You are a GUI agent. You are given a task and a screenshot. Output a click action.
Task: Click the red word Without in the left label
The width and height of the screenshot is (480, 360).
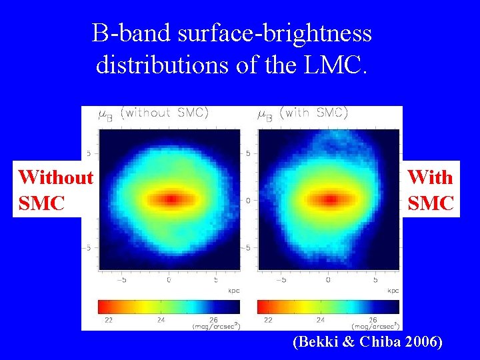(56, 177)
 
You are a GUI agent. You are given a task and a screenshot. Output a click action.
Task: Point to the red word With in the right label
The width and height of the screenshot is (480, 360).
(430, 177)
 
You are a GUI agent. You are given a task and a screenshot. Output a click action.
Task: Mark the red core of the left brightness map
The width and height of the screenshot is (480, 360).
(171, 199)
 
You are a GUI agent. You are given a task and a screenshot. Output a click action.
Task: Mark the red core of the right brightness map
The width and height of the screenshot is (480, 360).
(329, 199)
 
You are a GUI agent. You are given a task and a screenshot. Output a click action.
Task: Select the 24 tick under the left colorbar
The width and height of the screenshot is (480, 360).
(162, 320)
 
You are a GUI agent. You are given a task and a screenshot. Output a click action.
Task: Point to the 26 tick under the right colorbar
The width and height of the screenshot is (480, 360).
(373, 320)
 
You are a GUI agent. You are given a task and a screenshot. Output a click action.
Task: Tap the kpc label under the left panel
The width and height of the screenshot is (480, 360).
(233, 291)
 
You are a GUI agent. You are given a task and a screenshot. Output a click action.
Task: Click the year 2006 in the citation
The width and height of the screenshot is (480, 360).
(422, 342)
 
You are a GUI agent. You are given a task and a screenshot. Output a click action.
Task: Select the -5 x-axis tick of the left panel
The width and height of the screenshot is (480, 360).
(121, 281)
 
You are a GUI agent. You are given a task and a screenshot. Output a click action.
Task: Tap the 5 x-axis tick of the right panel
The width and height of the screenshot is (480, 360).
(375, 281)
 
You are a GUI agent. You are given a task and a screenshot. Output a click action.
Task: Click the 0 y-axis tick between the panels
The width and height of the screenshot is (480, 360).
(248, 200)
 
